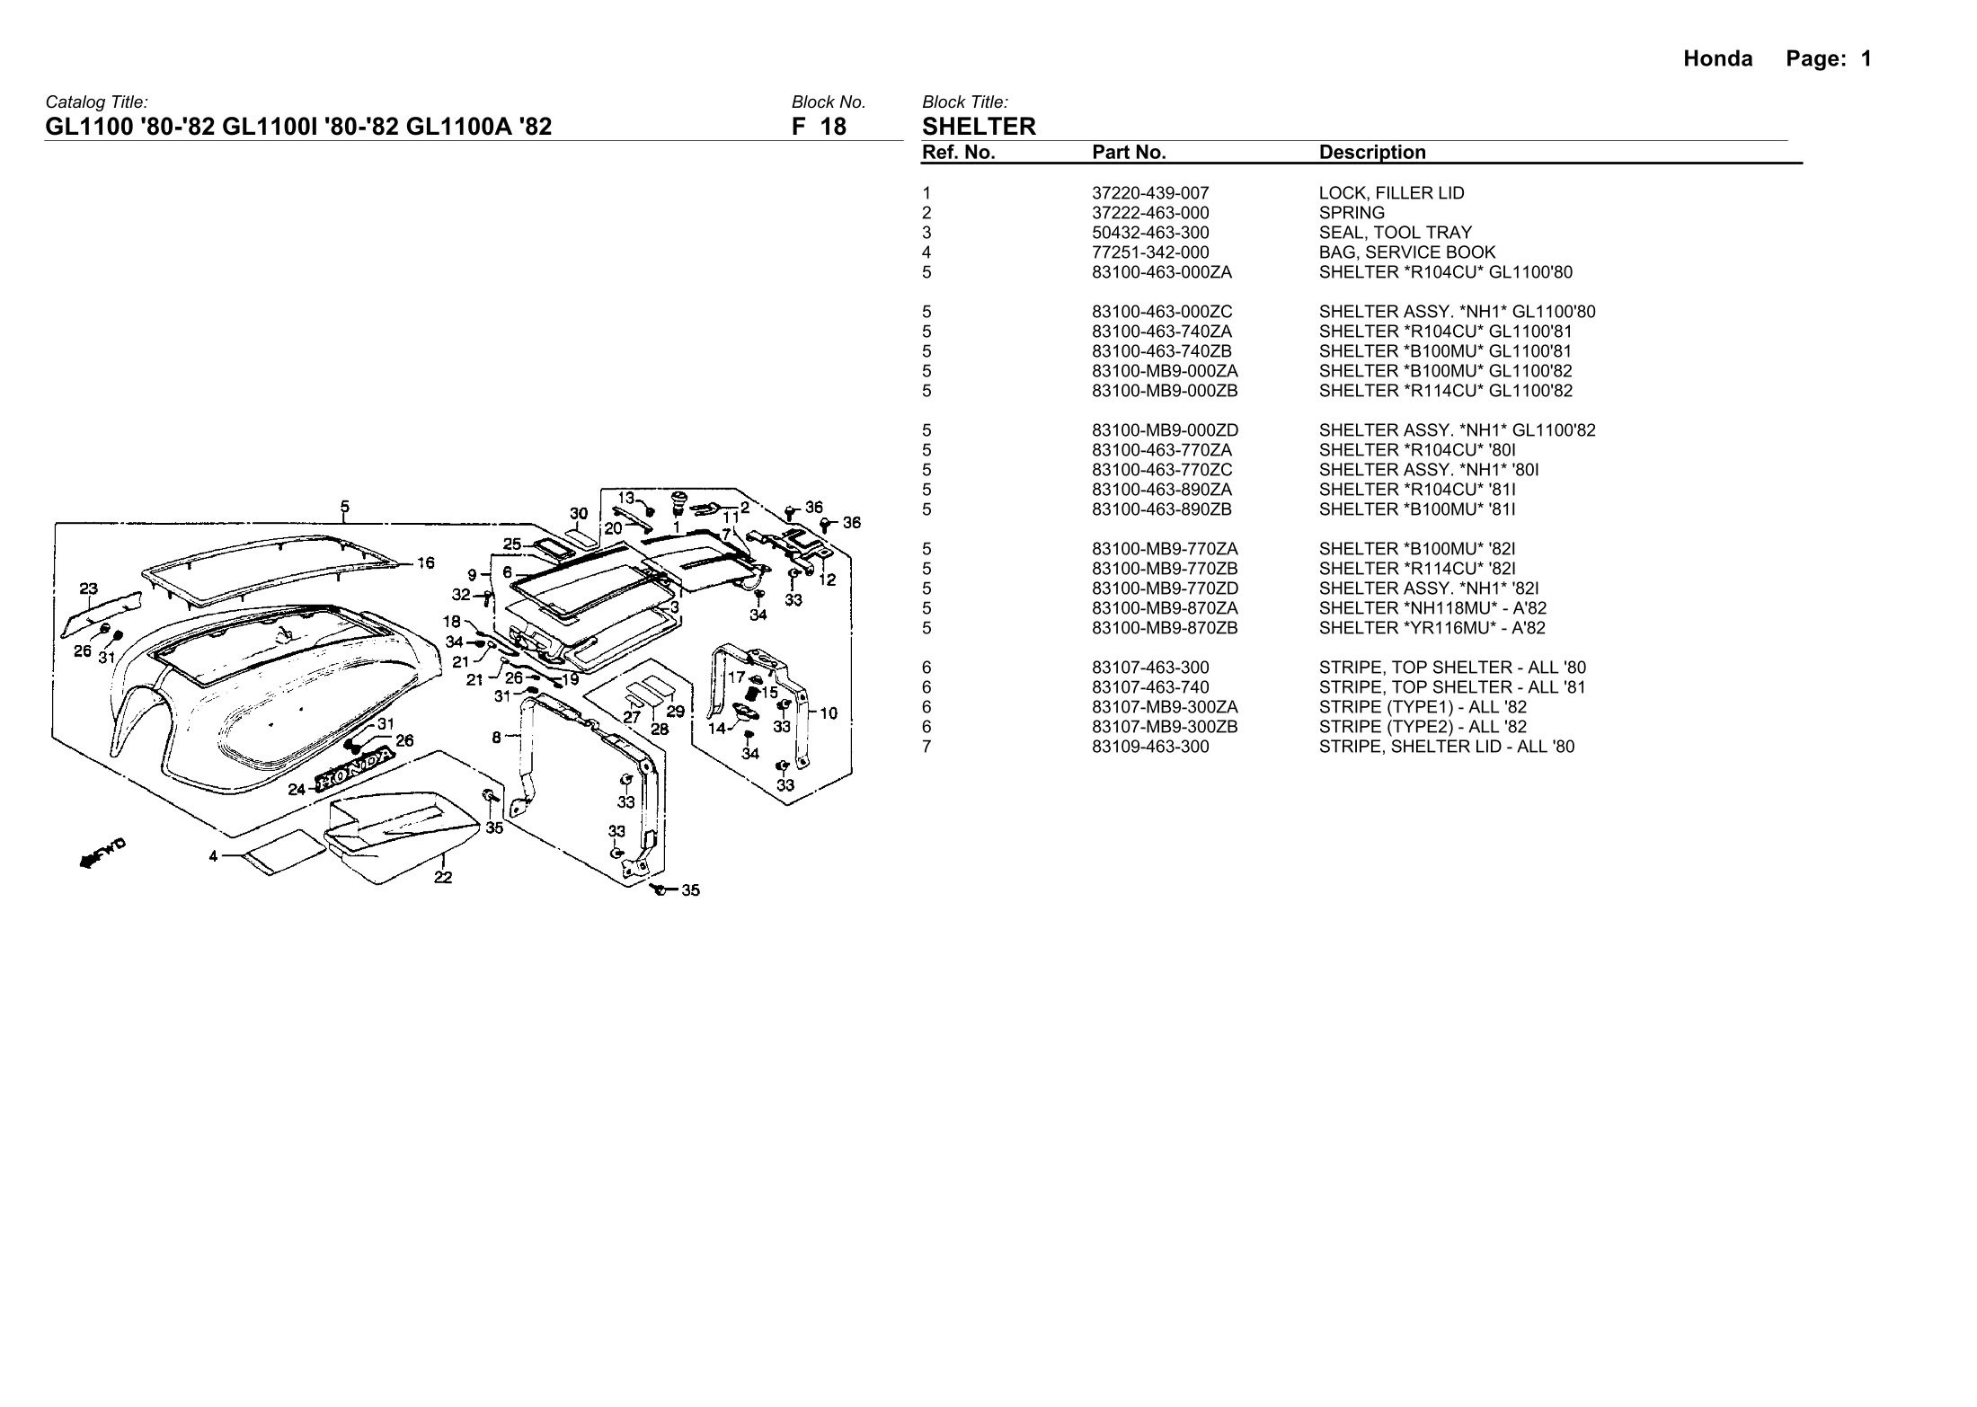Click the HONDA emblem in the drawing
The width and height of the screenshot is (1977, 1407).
click(x=353, y=771)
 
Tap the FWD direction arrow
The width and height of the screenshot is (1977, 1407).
click(x=102, y=854)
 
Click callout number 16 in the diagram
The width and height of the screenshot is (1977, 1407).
click(x=425, y=563)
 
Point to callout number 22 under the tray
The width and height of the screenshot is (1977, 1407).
click(x=443, y=878)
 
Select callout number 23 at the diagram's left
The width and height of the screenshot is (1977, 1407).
click(x=88, y=589)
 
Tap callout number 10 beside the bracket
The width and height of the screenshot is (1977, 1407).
click(x=829, y=713)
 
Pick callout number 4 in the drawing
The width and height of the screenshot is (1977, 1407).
click(x=214, y=856)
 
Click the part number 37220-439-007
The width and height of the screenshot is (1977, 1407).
click(x=1150, y=193)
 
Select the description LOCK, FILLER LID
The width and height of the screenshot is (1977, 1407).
click(x=1391, y=193)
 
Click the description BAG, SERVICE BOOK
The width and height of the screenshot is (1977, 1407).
click(x=1406, y=252)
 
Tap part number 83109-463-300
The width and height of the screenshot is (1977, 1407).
click(x=1150, y=747)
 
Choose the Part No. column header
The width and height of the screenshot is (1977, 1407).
click(x=1129, y=153)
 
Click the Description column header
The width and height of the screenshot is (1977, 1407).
click(x=1372, y=153)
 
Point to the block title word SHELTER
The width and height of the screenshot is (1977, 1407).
click(x=979, y=127)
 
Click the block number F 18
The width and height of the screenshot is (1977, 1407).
click(x=819, y=127)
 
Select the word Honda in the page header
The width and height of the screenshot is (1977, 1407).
click(x=1717, y=59)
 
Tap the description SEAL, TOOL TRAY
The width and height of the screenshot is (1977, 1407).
click(x=1395, y=233)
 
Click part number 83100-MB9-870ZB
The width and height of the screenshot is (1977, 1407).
click(x=1165, y=628)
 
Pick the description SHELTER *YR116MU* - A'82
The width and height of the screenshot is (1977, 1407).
click(x=1432, y=628)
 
